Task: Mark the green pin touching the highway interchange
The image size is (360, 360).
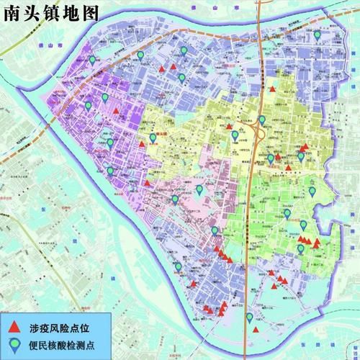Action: (261, 120)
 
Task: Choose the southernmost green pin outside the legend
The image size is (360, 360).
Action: (249, 317)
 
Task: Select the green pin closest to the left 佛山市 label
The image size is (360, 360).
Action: (91, 59)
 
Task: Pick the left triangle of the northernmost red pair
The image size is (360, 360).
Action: (163, 68)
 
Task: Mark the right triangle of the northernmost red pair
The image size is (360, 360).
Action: (174, 67)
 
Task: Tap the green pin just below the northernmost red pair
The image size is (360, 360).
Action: (181, 77)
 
